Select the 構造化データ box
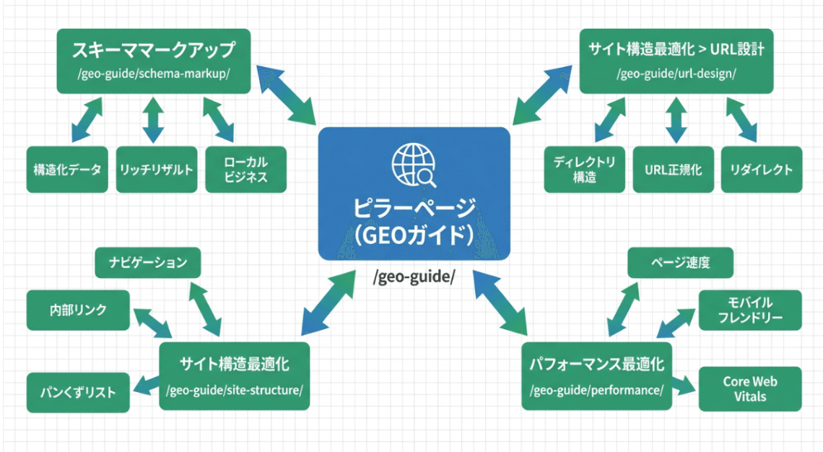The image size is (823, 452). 67,170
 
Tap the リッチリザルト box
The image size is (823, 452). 157,170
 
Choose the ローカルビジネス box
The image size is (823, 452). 245,170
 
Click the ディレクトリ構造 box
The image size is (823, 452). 584,170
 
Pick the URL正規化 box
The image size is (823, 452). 673,170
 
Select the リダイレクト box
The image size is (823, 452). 761,170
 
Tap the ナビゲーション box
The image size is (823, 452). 148,263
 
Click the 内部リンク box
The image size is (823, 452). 78,310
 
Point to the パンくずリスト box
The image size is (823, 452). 78,393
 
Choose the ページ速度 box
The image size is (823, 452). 680,263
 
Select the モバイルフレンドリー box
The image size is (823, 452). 750,310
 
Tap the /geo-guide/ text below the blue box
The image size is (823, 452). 414,278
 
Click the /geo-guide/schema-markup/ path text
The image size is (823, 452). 154,74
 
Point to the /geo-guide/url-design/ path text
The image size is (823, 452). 676,74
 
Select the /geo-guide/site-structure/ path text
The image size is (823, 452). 234,391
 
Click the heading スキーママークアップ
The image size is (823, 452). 154,51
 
